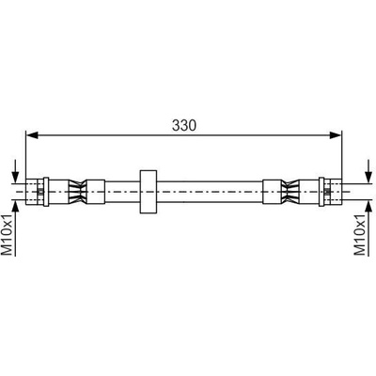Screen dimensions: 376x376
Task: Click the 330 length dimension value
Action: (x=184, y=126)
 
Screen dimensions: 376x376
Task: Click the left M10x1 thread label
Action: (x=8, y=234)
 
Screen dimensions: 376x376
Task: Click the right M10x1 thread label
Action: (x=359, y=234)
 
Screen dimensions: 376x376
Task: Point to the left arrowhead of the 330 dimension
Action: (x=31, y=135)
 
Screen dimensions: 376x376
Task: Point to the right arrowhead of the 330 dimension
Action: (x=335, y=135)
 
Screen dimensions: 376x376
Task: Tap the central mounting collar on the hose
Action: (x=148, y=192)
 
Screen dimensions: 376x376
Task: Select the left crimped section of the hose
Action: (x=77, y=191)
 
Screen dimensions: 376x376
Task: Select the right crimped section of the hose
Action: (x=290, y=191)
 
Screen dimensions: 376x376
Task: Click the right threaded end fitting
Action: (x=333, y=192)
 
